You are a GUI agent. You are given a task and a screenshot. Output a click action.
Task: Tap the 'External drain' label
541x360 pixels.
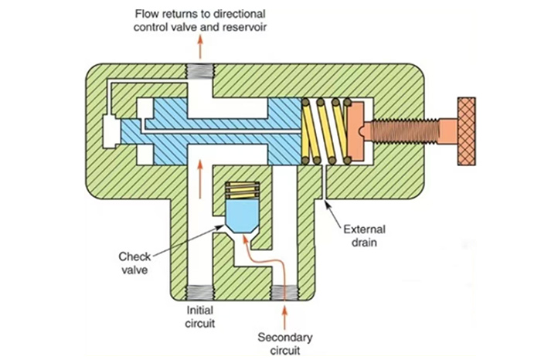click(x=362, y=233)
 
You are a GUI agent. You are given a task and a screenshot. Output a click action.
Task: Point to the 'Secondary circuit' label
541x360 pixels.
click(x=285, y=343)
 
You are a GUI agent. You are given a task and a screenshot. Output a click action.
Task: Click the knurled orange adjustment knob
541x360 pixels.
click(x=475, y=127)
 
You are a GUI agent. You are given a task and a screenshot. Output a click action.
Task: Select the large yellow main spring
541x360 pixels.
click(x=324, y=129)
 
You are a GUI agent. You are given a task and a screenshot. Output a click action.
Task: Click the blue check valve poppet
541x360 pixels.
click(x=241, y=213)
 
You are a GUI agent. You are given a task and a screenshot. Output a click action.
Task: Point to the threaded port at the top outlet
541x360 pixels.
click(x=199, y=75)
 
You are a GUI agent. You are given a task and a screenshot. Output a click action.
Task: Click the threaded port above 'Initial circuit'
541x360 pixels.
click(x=199, y=293)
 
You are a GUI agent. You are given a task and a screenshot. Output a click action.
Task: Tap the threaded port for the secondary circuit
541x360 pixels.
click(x=285, y=293)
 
